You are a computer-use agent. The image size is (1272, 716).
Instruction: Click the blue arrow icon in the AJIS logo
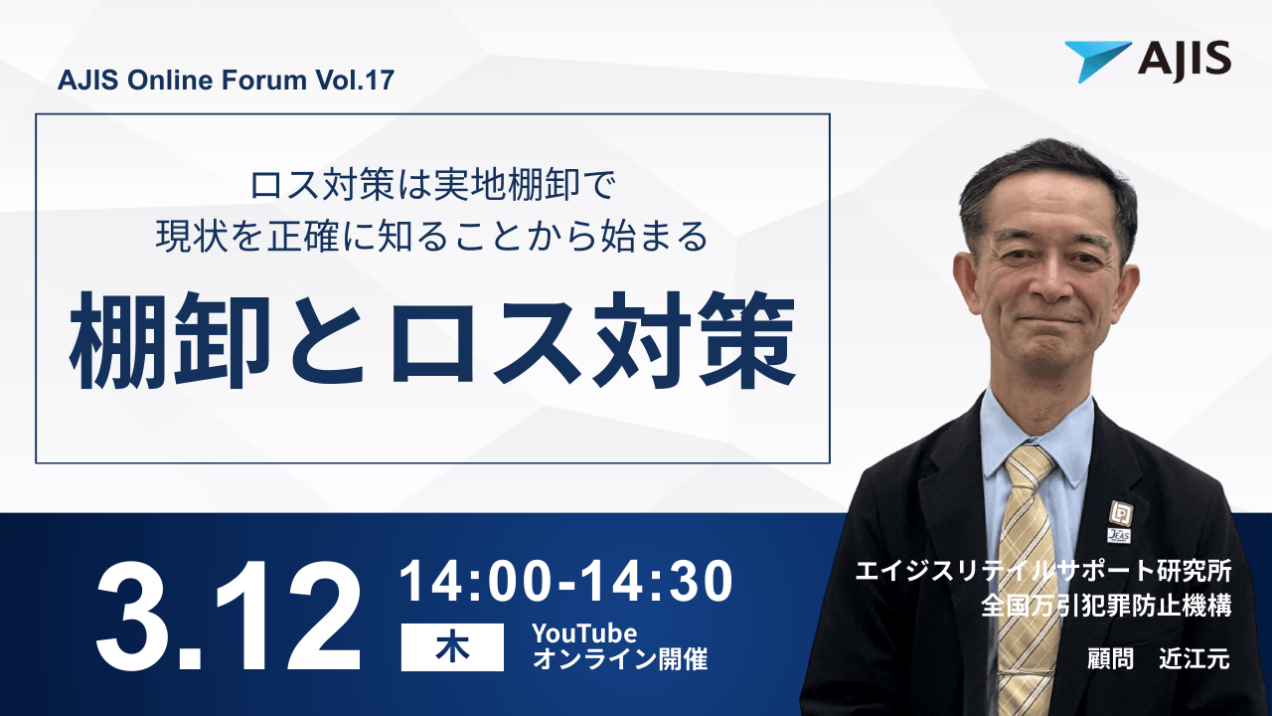pyautogui.click(x=1096, y=60)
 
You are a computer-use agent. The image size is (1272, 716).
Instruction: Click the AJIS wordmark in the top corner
pyautogui.click(x=1185, y=61)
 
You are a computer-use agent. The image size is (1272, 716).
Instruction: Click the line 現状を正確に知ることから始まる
pyautogui.click(x=432, y=237)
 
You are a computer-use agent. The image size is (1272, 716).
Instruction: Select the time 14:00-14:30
pyautogui.click(x=565, y=583)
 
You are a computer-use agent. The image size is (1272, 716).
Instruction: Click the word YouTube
pyautogui.click(x=583, y=633)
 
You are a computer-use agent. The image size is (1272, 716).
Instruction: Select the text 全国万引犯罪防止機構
pyautogui.click(x=1105, y=605)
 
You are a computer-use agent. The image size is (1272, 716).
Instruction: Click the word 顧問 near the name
pyautogui.click(x=1110, y=659)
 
